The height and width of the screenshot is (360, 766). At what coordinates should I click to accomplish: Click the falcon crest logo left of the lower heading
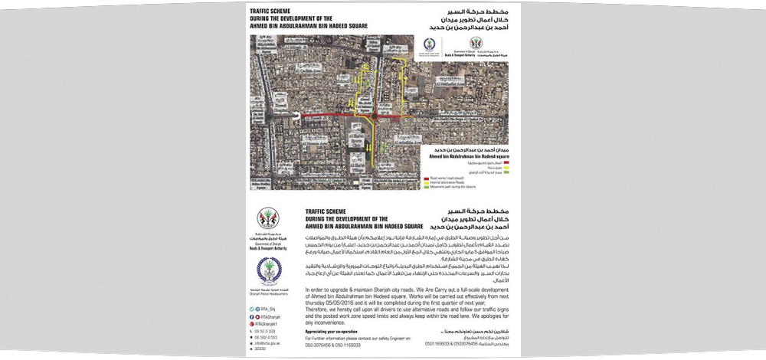268,218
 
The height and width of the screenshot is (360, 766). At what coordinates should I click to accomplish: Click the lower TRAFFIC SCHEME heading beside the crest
331,209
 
